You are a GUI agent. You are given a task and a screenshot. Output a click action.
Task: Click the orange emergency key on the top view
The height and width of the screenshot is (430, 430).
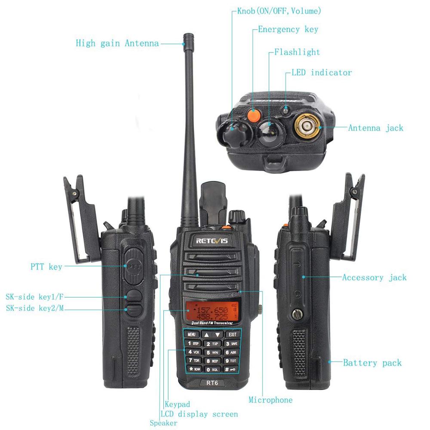(254, 114)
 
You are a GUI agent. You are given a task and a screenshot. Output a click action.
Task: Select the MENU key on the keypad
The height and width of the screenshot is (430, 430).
(191, 334)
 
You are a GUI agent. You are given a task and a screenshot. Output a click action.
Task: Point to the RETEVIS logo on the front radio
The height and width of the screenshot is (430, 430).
(212, 241)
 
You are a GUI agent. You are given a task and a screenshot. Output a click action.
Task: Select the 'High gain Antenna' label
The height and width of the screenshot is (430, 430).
(117, 43)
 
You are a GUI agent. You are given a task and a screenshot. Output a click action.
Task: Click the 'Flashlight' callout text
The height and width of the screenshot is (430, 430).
(297, 52)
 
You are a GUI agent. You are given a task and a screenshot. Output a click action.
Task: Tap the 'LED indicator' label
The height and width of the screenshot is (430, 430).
(322, 72)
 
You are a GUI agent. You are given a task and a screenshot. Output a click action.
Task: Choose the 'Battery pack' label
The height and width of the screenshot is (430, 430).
(372, 363)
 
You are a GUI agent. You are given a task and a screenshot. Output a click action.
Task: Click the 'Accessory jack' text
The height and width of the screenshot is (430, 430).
(374, 277)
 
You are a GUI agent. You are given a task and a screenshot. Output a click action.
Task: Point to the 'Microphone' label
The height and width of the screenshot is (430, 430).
(270, 400)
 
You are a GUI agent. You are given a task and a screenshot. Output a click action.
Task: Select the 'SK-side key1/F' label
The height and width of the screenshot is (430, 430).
(35, 297)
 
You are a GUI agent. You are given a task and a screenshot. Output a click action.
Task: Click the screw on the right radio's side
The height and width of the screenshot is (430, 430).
(296, 314)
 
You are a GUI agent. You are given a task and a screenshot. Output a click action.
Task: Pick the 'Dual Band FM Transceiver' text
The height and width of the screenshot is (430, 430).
(212, 323)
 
